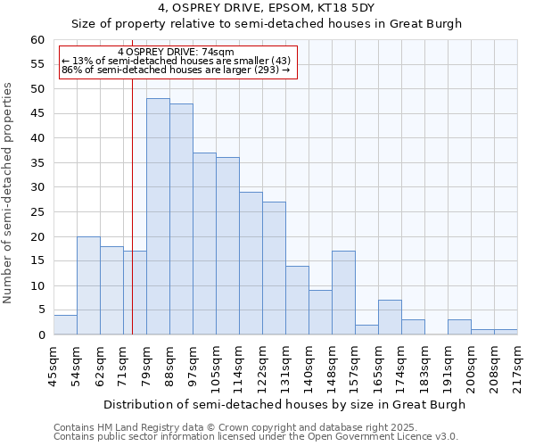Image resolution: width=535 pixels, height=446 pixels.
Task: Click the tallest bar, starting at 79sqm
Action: [158, 217]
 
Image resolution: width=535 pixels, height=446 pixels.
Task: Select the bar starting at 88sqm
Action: [181, 219]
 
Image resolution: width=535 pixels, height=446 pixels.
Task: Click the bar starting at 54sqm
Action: [88, 285]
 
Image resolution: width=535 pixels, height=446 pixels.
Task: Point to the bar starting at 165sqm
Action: [390, 318]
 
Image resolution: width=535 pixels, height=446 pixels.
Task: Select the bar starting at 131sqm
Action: [297, 301]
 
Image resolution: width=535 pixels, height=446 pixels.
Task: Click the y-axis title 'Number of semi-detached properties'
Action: [9, 193]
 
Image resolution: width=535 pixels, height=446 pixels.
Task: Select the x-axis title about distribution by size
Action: [284, 404]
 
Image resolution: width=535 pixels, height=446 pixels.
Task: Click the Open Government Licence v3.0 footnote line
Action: [256, 436]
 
